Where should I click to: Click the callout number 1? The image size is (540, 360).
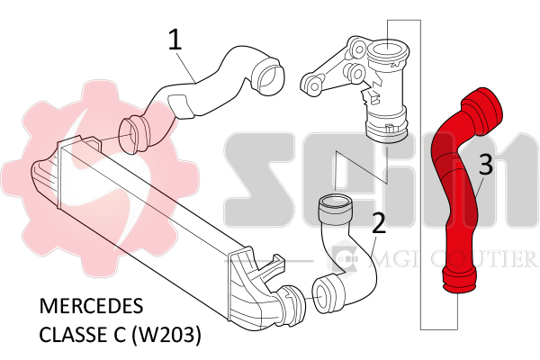click(175, 40)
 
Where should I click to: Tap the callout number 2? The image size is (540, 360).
click(379, 222)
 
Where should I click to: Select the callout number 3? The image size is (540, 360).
click(486, 165)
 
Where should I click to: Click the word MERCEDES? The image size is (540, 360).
click(91, 306)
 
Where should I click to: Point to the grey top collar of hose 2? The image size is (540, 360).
click(335, 210)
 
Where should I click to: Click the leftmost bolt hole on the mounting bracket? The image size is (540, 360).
click(314, 85)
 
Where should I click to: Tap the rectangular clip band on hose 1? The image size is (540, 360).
click(180, 106)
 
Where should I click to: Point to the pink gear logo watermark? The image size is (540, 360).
click(100, 179)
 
